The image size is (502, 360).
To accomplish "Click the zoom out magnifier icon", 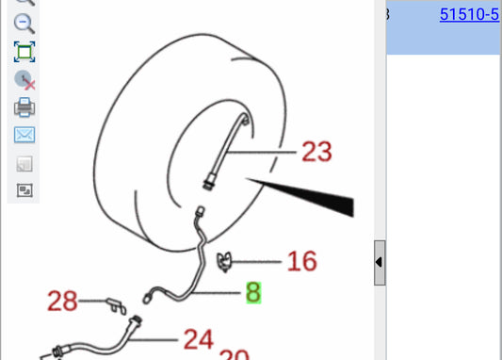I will [x=25, y=25].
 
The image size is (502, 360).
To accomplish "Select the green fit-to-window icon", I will [x=24, y=52].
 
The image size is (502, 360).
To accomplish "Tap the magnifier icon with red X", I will [x=25, y=80].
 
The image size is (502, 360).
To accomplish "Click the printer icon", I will [x=24, y=107].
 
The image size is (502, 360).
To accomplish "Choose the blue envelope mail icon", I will [x=24, y=135].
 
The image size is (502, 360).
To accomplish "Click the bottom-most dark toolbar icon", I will [x=24, y=189].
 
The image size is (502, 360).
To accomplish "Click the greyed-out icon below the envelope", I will [x=24, y=163].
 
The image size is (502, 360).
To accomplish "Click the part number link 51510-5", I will [x=469, y=14].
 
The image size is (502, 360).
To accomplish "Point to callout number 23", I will [x=317, y=151].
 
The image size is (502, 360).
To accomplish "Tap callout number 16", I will [x=301, y=260].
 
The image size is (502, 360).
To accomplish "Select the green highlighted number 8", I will [x=252, y=293].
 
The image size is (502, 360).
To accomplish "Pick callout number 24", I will [x=198, y=337].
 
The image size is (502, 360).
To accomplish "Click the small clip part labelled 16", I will [x=224, y=261].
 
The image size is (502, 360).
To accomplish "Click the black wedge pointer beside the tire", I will [x=320, y=192].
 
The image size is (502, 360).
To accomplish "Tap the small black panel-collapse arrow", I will [x=379, y=262].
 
